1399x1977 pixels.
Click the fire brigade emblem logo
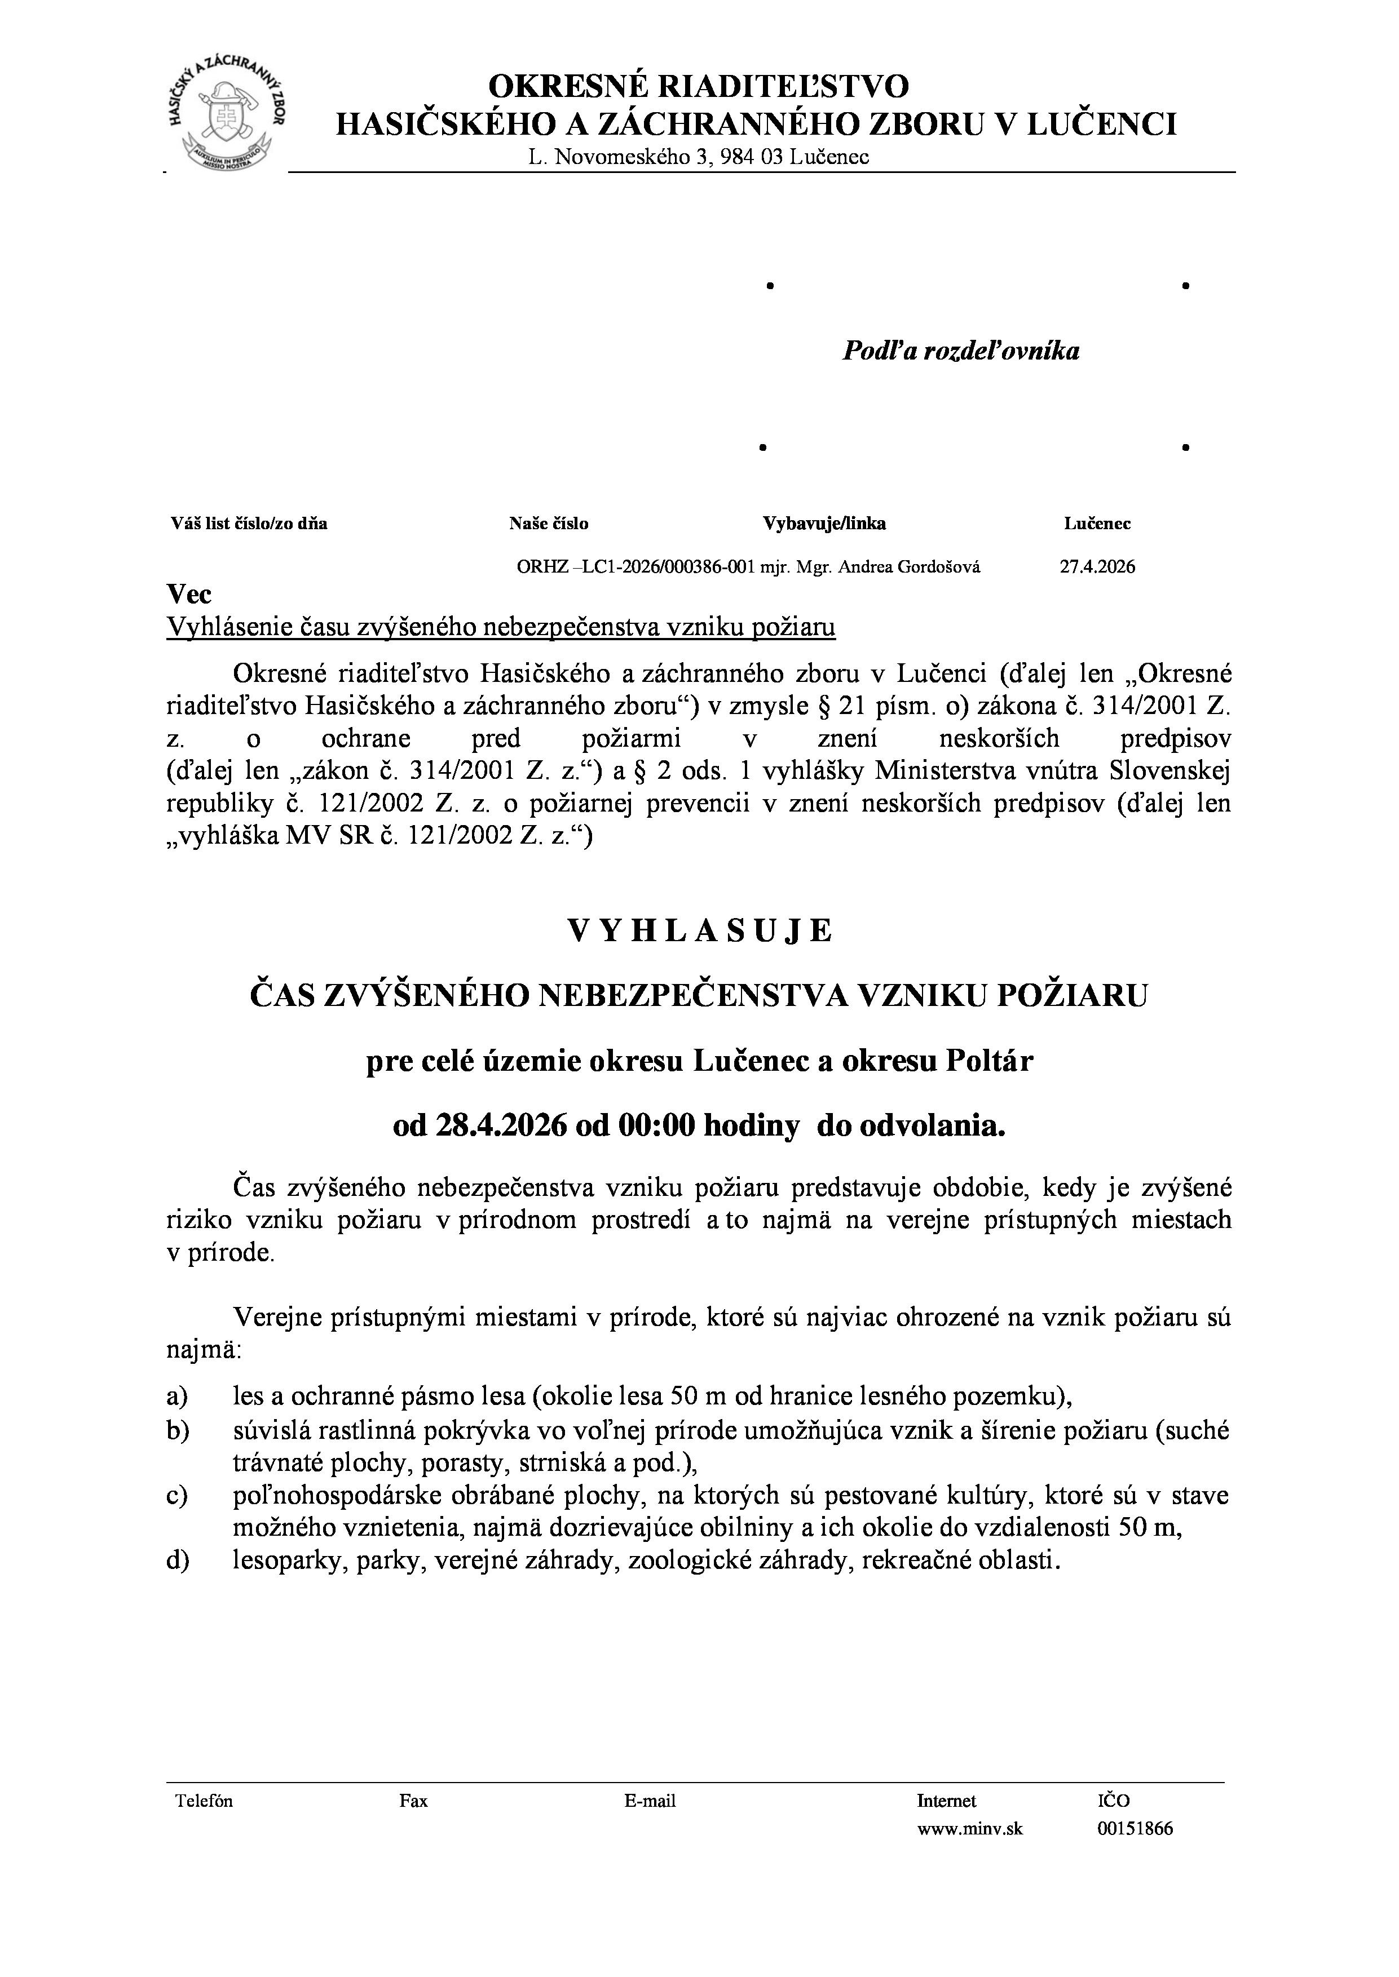(228, 117)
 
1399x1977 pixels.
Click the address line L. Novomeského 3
(699, 157)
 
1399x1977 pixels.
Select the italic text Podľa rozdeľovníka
(960, 351)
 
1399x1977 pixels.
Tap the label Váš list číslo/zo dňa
(249, 524)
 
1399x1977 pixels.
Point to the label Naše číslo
(549, 524)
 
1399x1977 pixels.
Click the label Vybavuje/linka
(824, 524)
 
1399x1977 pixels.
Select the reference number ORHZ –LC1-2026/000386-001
(635, 566)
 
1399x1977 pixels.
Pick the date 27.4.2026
(1097, 566)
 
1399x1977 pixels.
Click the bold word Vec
(189, 594)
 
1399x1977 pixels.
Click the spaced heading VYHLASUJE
(699, 931)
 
